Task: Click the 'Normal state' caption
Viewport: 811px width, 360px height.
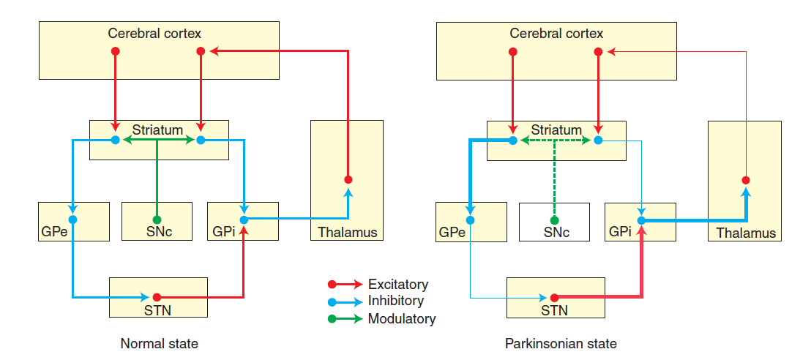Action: point(159,342)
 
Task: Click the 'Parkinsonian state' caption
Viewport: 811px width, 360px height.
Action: point(561,343)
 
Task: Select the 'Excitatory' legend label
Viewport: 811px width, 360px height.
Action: point(398,284)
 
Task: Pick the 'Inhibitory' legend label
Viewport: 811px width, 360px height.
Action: point(396,301)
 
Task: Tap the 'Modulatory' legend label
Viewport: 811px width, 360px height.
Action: point(402,318)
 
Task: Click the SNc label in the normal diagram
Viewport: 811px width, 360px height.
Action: point(157,233)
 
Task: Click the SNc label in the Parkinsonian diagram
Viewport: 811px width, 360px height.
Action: point(555,233)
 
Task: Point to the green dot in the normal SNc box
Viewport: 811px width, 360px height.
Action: point(157,220)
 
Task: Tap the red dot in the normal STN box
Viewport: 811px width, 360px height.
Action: point(157,297)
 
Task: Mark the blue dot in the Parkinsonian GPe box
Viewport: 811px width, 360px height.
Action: point(470,220)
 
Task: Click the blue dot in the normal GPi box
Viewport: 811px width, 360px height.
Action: point(243,220)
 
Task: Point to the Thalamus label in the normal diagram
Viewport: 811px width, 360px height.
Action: point(348,233)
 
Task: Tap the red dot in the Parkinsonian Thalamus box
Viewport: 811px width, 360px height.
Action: point(746,180)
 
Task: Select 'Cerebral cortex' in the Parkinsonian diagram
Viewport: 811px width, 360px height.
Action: point(556,34)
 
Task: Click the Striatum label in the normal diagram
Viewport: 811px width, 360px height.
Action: point(157,130)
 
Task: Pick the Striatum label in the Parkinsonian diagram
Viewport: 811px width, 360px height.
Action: point(556,130)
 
